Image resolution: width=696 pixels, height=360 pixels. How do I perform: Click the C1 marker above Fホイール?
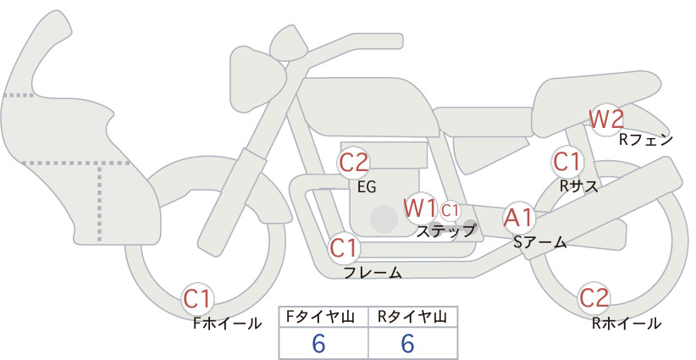197,299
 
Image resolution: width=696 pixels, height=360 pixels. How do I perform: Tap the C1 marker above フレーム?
344,247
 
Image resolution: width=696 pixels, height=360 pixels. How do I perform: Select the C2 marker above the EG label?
354,163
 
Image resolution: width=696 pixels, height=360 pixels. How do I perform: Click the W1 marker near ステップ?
420,208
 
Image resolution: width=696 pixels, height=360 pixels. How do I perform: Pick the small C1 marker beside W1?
450,211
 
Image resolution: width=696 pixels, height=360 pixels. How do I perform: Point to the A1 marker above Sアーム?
518,218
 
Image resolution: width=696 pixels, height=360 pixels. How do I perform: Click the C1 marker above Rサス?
566,162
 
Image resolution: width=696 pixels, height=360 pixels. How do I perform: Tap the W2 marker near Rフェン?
606,119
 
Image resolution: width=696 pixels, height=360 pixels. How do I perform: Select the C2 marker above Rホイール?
594,298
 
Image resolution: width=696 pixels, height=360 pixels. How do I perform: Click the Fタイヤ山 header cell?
323,317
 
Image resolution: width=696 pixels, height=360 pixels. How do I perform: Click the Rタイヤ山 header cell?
413,317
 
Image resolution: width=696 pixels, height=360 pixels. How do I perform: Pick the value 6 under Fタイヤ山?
319,343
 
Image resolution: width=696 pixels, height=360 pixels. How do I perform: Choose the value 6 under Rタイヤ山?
407,343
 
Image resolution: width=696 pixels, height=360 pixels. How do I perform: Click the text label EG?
367,187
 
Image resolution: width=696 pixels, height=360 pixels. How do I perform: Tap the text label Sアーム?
539,242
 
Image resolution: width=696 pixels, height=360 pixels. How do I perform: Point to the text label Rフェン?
646,141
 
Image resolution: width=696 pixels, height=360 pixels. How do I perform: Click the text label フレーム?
373,272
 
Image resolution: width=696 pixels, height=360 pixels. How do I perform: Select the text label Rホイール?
627,324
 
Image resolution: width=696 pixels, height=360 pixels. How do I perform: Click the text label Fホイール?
227,324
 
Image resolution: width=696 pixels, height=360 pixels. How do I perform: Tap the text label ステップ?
445,231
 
